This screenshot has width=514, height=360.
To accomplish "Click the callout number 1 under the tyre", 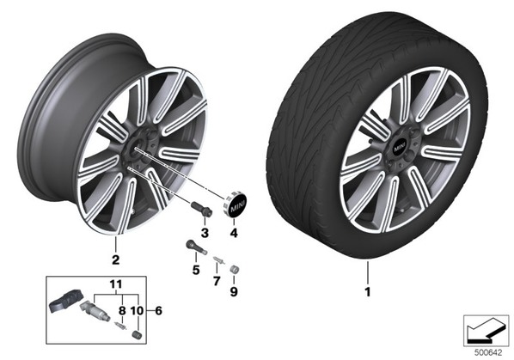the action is [368, 291].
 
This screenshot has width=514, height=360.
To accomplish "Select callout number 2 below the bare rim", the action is [115, 259].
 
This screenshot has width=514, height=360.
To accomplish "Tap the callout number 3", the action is [205, 233].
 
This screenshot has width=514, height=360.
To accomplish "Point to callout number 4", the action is [234, 233].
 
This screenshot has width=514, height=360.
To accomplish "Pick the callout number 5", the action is [196, 271].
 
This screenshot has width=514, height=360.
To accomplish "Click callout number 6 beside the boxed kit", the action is [159, 310].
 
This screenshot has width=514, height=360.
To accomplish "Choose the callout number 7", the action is [217, 281].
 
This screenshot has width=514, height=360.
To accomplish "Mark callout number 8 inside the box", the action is [122, 310].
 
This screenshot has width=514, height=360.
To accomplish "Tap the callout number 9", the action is [234, 291].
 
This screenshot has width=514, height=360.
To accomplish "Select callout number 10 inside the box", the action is [137, 310].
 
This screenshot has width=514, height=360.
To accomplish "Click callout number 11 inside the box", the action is [116, 284].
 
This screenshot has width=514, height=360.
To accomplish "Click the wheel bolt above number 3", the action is [201, 210].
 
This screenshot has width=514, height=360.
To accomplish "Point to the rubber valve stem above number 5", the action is [196, 247].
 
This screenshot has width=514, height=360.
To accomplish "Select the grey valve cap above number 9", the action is [235, 270].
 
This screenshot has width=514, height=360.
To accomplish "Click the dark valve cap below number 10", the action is [137, 334].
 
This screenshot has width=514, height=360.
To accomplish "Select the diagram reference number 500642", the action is [488, 353].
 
